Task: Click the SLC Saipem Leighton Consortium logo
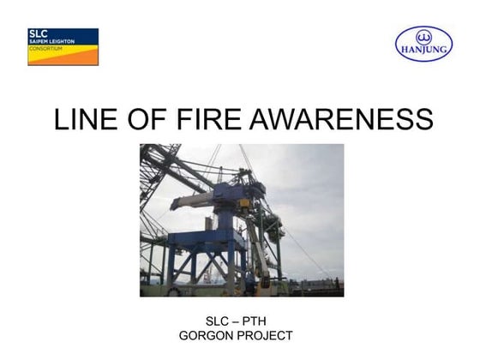coord(63,46)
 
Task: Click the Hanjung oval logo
coord(423,43)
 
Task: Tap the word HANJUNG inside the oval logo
coord(423,50)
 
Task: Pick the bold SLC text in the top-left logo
coord(39,34)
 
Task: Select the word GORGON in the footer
coord(209,335)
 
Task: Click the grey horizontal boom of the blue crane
coord(193,203)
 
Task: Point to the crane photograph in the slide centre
coord(242,220)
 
